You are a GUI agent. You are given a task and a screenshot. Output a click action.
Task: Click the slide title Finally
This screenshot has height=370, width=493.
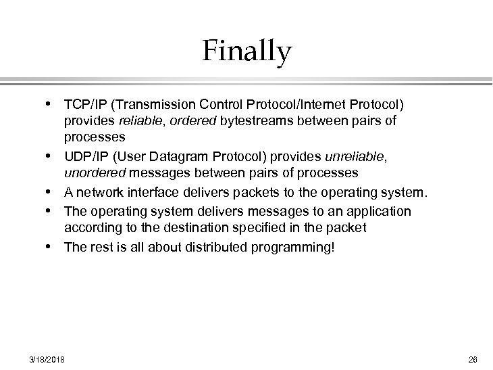click(246, 52)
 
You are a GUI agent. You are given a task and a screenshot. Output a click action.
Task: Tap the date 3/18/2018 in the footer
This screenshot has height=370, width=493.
click(47, 359)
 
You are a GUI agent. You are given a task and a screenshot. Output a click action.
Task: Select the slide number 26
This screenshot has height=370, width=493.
click(472, 359)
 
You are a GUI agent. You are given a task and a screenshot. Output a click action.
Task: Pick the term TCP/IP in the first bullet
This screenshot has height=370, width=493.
click(82, 105)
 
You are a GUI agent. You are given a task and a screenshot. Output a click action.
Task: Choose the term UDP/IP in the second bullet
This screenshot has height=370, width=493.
click(84, 157)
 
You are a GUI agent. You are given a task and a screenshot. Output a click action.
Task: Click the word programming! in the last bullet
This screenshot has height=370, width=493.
click(298, 248)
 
